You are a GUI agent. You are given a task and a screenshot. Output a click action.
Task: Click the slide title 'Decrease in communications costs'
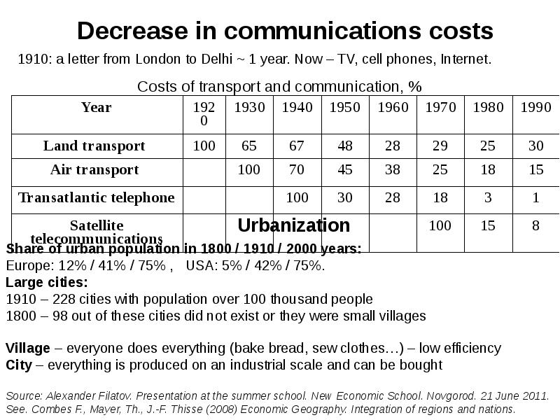tap(285, 31)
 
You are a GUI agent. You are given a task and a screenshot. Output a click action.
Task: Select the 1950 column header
tap(345, 107)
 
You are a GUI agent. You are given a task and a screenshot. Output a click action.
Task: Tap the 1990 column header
tap(535, 107)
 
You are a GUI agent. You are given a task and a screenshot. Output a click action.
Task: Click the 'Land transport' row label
tap(94, 146)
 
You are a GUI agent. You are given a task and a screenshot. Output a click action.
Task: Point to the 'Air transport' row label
tap(94, 170)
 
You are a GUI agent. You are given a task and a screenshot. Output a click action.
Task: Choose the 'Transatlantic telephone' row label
tap(97, 197)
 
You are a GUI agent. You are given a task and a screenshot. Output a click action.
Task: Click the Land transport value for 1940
tap(297, 146)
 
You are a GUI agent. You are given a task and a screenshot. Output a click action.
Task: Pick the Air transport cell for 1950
tap(345, 170)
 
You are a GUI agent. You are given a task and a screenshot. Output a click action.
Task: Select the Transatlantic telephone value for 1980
tap(488, 197)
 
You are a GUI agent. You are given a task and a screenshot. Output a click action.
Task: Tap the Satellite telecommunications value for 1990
tap(535, 226)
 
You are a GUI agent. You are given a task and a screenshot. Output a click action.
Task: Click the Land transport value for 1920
tap(204, 146)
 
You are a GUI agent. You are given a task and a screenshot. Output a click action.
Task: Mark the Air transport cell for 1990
tap(535, 170)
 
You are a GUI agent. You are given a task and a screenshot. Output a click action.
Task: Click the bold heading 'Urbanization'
tap(294, 225)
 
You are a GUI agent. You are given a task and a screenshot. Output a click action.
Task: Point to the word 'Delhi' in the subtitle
tap(214, 59)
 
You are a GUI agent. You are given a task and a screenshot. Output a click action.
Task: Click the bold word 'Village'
tap(27, 348)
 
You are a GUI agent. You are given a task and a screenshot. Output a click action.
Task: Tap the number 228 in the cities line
tap(63, 299)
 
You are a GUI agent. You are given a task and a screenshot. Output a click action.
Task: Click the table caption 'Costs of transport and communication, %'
tap(279, 86)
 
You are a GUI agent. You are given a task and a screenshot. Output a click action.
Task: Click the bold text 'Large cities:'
tap(47, 283)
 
